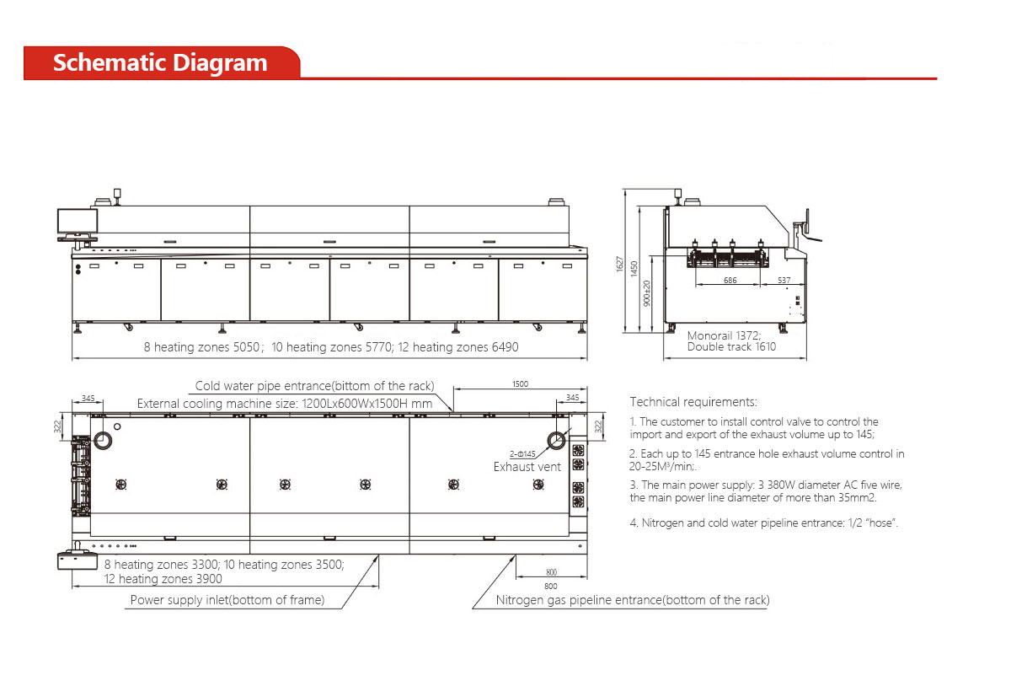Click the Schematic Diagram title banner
pyautogui.click(x=160, y=63)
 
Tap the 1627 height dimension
pyautogui.click(x=620, y=265)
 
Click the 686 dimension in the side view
pyautogui.click(x=730, y=280)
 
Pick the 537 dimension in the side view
pyautogui.click(x=784, y=280)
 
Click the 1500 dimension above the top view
pyautogui.click(x=520, y=383)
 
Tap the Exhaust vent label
pyautogui.click(x=527, y=467)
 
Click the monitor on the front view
pyautogui.click(x=78, y=222)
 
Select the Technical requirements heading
pyautogui.click(x=693, y=402)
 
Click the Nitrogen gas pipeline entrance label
pyautogui.click(x=632, y=600)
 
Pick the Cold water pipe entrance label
pyautogui.click(x=314, y=386)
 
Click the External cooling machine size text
pyautogui.click(x=284, y=404)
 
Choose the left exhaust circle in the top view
pyautogui.click(x=104, y=440)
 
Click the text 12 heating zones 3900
pyautogui.click(x=163, y=579)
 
